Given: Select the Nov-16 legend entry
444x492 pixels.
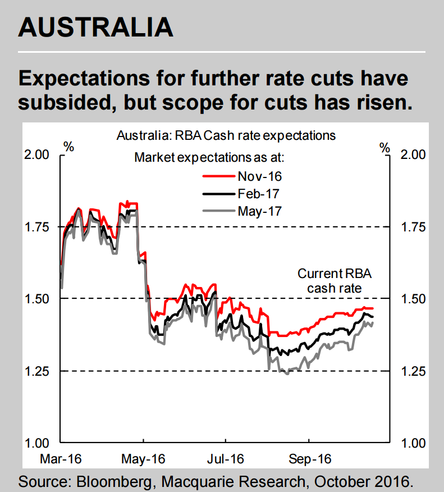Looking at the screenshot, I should (259, 176).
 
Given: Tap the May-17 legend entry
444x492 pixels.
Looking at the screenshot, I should (259, 211).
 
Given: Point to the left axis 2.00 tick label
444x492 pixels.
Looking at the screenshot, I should (38, 154).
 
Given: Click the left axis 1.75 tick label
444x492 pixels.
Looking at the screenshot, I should (38, 227).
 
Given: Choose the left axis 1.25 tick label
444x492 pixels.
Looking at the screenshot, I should (38, 371).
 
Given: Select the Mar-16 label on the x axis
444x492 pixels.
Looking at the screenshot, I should (60, 458).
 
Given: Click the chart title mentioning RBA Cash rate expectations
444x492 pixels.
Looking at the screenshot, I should (226, 136).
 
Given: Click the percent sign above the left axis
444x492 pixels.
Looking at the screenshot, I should (68, 148).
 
